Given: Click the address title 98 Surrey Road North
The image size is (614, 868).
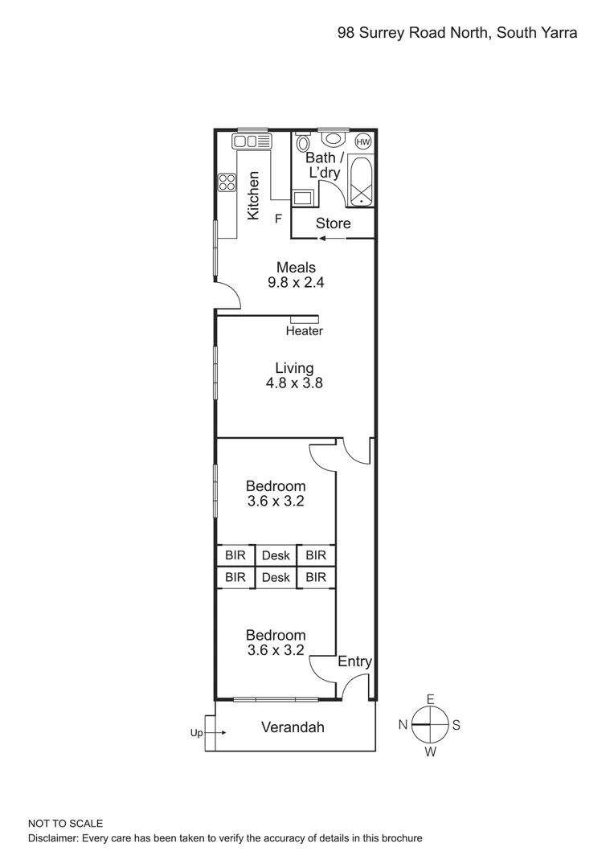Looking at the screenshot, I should pyautogui.click(x=456, y=33).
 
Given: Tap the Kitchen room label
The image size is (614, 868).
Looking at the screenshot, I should pyautogui.click(x=253, y=195).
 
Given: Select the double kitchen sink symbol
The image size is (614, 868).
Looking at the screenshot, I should pyautogui.click(x=252, y=141).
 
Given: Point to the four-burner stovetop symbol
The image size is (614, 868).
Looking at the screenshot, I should pyautogui.click(x=227, y=182).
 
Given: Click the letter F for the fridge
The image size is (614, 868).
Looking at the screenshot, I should pyautogui.click(x=279, y=218).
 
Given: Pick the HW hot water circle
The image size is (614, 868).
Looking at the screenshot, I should pyautogui.click(x=362, y=141).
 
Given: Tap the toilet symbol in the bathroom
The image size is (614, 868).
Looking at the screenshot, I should pyautogui.click(x=302, y=143).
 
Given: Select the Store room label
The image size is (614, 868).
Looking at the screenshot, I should pyautogui.click(x=333, y=223).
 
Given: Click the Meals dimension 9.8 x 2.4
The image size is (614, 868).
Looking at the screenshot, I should pyautogui.click(x=296, y=282).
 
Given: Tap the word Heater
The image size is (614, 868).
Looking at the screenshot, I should pyautogui.click(x=305, y=331).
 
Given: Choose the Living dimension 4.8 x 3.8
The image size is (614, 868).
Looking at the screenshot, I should pyautogui.click(x=294, y=383).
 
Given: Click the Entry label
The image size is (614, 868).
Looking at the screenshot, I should pyautogui.click(x=354, y=661).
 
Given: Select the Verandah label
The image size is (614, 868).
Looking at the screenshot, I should pyautogui.click(x=293, y=727).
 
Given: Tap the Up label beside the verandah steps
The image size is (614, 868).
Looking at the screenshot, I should pyautogui.click(x=196, y=732).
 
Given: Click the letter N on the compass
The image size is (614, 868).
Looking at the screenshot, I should pyautogui.click(x=403, y=725).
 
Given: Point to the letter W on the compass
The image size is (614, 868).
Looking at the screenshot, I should pyautogui.click(x=430, y=752).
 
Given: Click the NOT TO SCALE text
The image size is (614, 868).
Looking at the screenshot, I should pyautogui.click(x=65, y=824).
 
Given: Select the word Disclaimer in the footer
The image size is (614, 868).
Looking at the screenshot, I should pyautogui.click(x=53, y=838).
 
